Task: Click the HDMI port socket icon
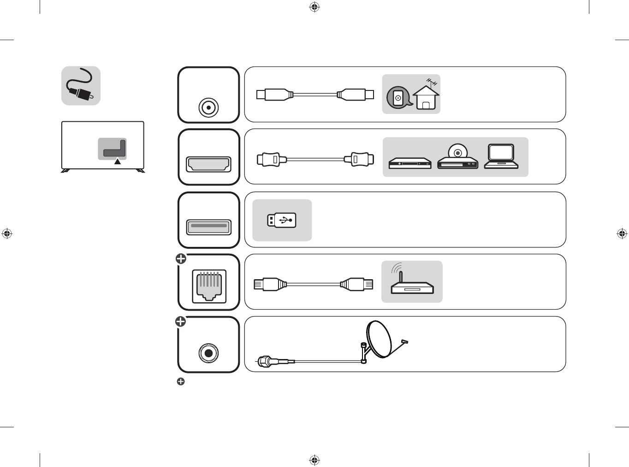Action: pyautogui.click(x=208, y=164)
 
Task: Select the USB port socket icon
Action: pyautogui.click(x=208, y=227)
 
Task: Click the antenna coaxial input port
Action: pyautogui.click(x=208, y=108)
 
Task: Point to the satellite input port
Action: pyautogui.click(x=208, y=353)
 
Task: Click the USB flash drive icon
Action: pyautogui.click(x=282, y=220)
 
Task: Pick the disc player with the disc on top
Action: pyautogui.click(x=457, y=158)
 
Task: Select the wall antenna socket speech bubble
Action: pyautogui.click(x=398, y=97)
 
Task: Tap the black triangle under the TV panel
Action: pyautogui.click(x=118, y=162)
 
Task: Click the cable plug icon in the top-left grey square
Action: pyautogui.click(x=81, y=86)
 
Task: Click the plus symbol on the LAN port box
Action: pyautogui.click(x=181, y=259)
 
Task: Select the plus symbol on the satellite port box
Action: pyautogui.click(x=181, y=321)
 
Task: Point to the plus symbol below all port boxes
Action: pyautogui.click(x=181, y=382)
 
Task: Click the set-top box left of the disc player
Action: pyautogui.click(x=410, y=163)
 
